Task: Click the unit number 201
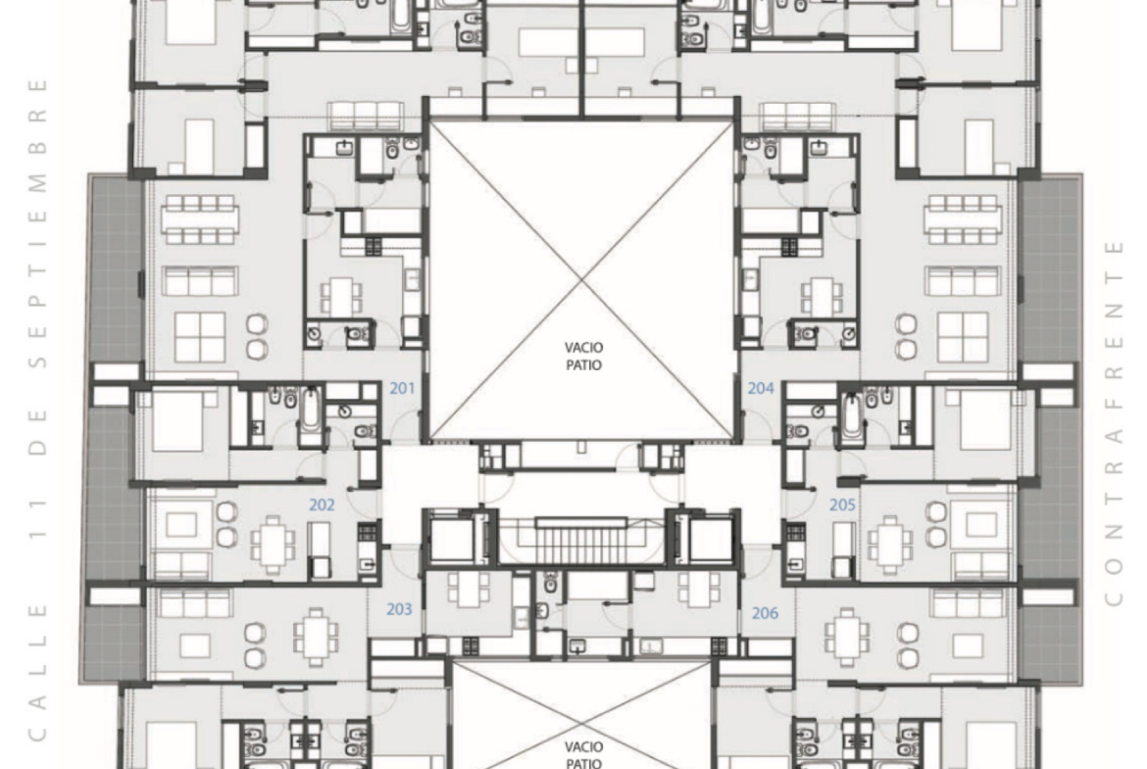point(402,388)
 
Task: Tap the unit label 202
point(322,505)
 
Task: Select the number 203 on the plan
point(399,609)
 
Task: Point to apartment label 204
point(761,388)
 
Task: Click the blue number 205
point(843,505)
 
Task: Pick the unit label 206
point(765,613)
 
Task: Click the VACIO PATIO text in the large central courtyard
point(583,356)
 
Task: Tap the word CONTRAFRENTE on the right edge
point(1114,423)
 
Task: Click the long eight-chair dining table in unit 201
point(200,219)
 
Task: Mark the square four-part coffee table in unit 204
point(964,337)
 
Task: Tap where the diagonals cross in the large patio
point(582,281)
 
